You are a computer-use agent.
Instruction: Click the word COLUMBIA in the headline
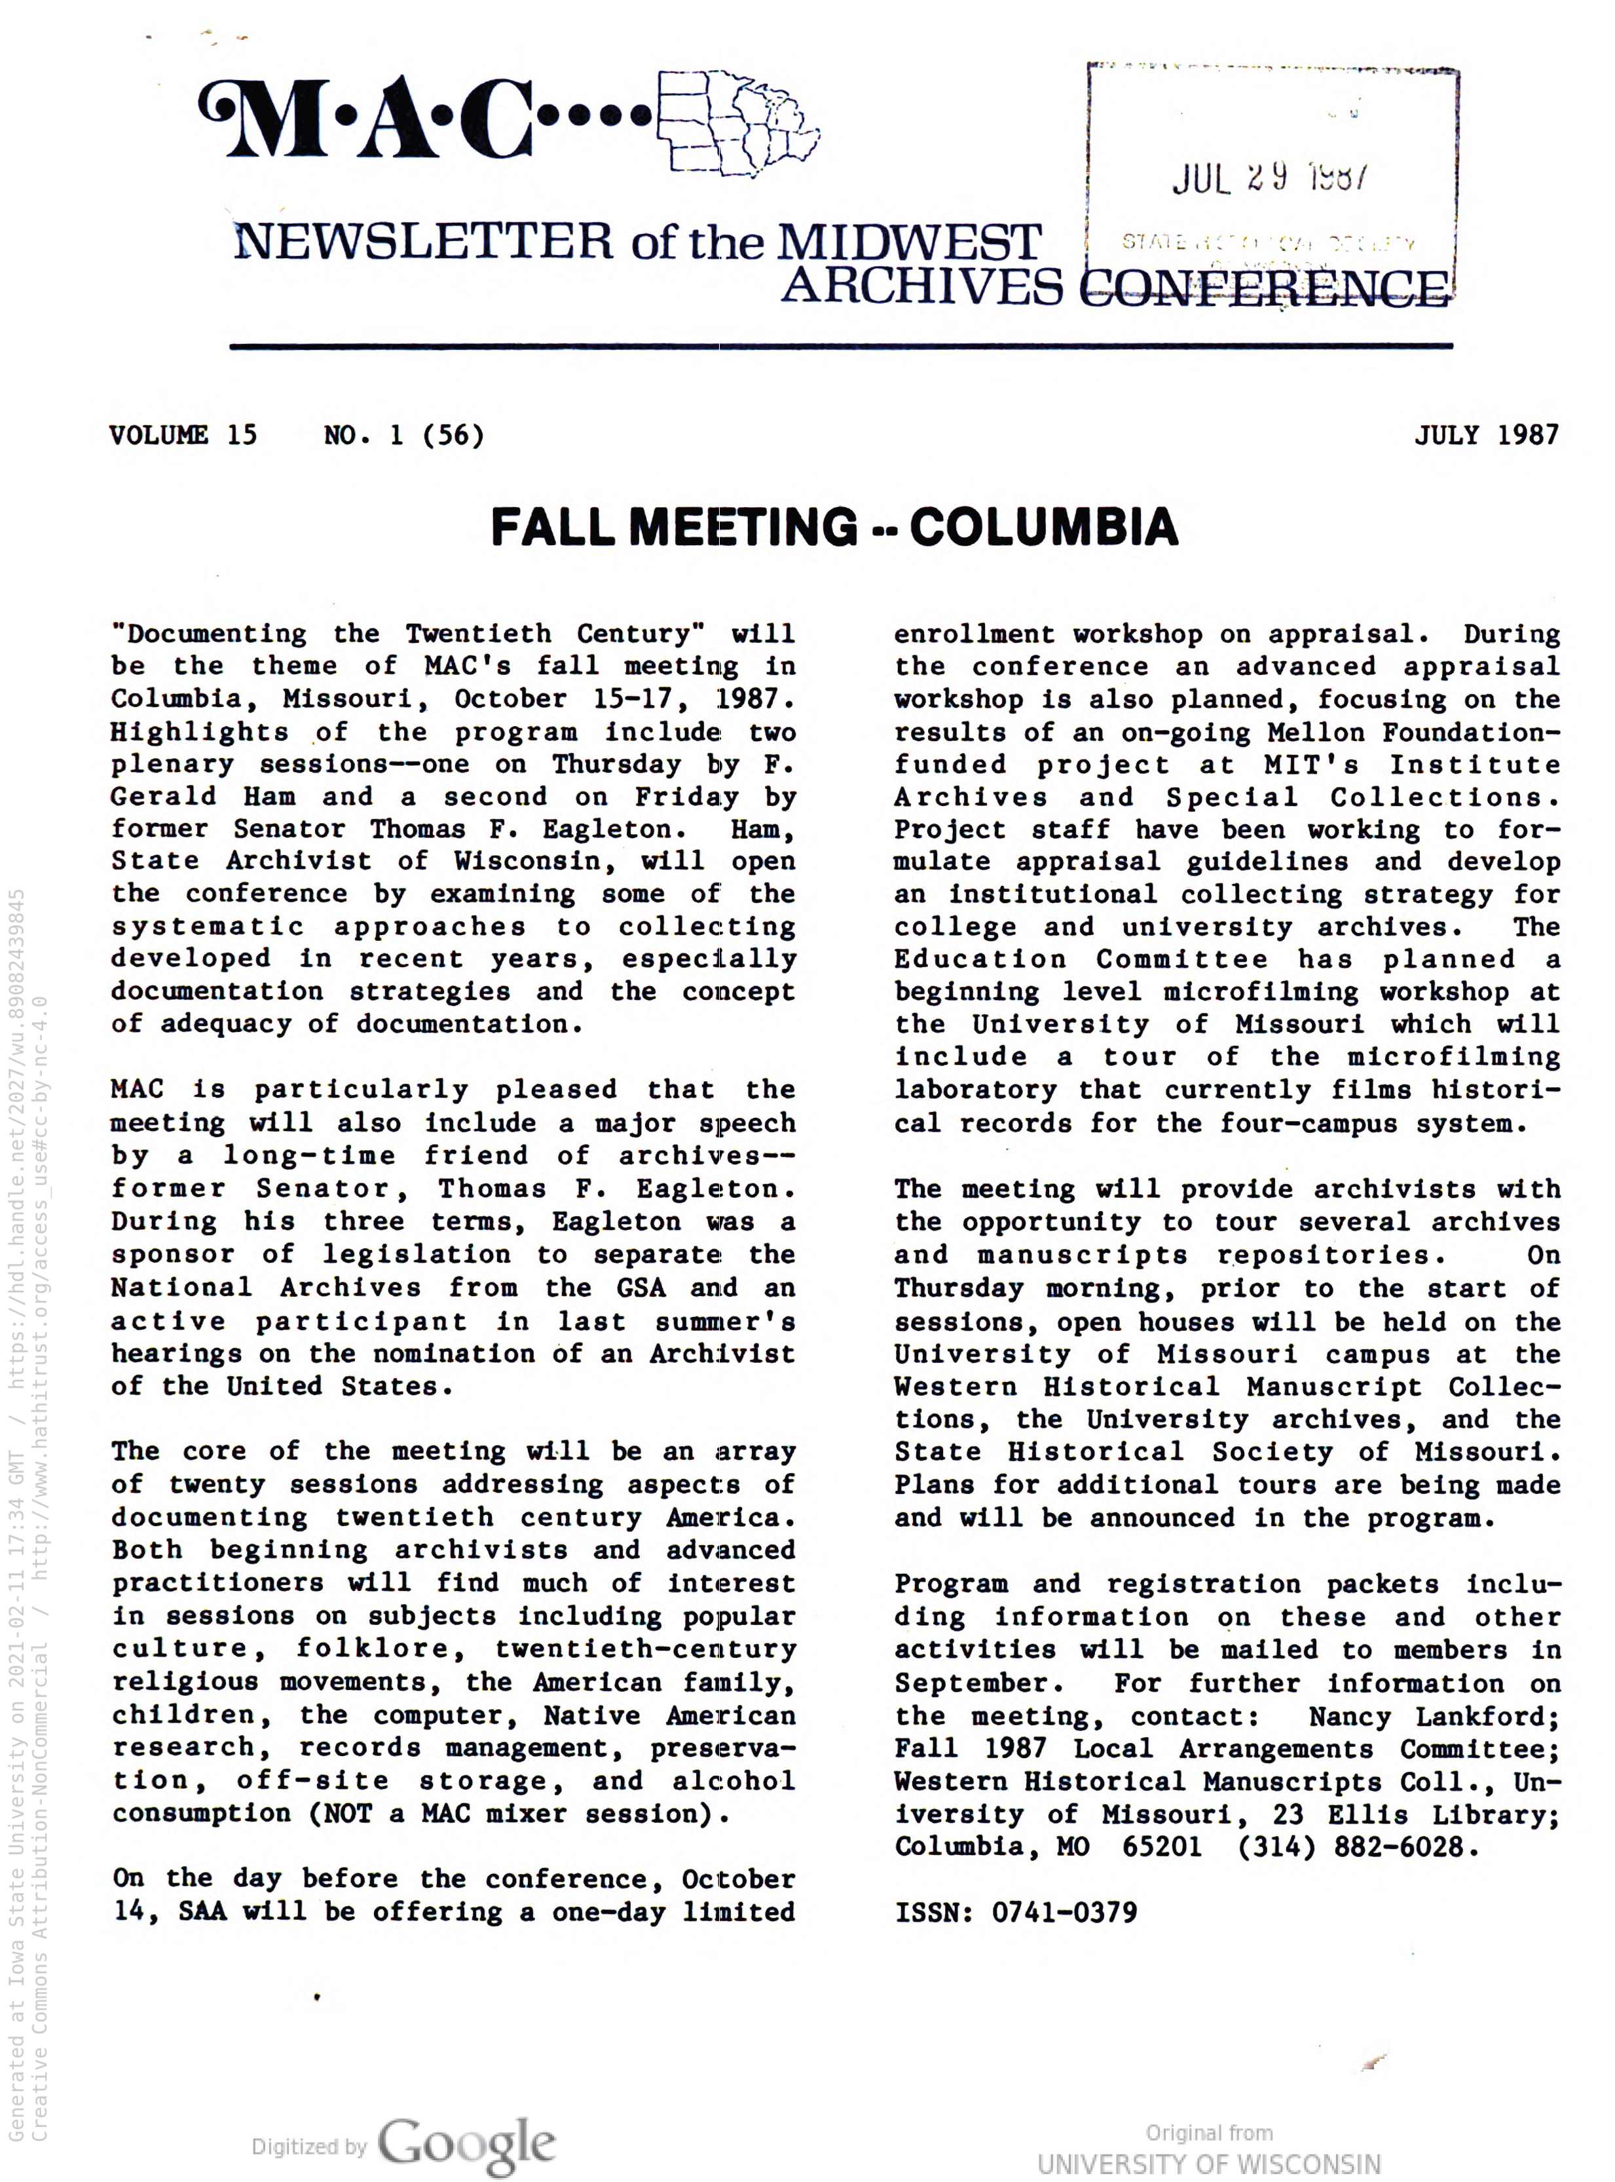[x=1044, y=527]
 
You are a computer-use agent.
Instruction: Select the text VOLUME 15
[x=183, y=434]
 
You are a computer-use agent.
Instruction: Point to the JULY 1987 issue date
[x=1486, y=434]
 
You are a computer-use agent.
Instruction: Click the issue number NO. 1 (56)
[x=403, y=434]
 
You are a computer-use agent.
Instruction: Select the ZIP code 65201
[x=1162, y=1847]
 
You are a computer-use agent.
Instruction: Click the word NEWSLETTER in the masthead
[x=423, y=242]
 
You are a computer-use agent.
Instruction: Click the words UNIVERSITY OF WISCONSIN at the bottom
[x=1210, y=2164]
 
